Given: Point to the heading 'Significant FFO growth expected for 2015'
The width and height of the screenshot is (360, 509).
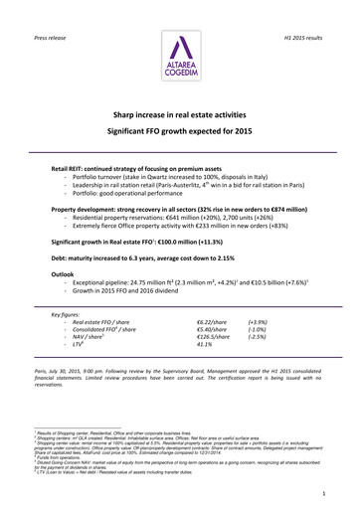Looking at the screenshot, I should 180,131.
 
